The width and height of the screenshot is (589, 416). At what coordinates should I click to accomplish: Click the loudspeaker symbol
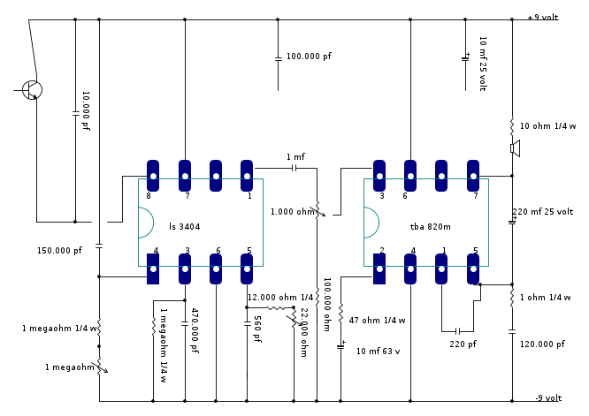click(x=515, y=148)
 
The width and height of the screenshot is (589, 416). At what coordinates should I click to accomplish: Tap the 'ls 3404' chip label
click(x=184, y=227)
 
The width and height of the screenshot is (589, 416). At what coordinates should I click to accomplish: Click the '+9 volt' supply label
click(x=543, y=17)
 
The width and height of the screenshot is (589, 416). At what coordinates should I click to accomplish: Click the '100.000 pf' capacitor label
click(x=309, y=56)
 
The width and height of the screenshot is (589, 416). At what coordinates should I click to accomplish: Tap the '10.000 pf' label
click(x=86, y=111)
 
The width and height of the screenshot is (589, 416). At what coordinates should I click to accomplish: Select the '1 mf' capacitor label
click(x=295, y=156)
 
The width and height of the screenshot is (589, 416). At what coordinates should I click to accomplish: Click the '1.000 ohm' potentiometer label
click(x=292, y=212)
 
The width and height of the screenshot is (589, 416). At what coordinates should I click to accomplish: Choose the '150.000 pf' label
click(x=59, y=250)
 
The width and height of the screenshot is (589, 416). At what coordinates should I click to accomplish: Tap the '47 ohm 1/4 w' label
click(x=377, y=320)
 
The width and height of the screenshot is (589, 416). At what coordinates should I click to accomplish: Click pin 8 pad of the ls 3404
click(x=152, y=176)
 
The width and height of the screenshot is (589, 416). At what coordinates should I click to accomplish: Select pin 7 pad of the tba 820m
click(x=474, y=176)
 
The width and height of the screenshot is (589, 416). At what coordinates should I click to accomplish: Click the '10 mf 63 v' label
click(x=379, y=351)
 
